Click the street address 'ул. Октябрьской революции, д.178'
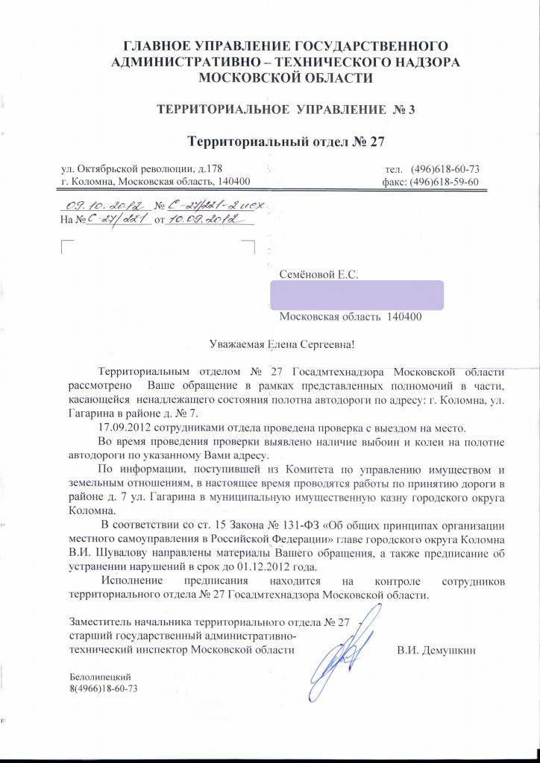141,168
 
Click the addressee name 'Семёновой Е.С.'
319,275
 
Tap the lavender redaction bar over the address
356,295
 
